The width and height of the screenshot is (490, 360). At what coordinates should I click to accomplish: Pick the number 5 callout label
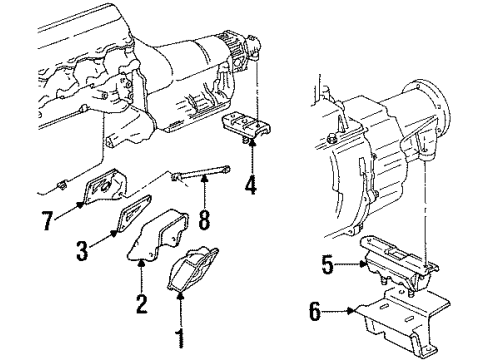(x=327, y=265)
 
